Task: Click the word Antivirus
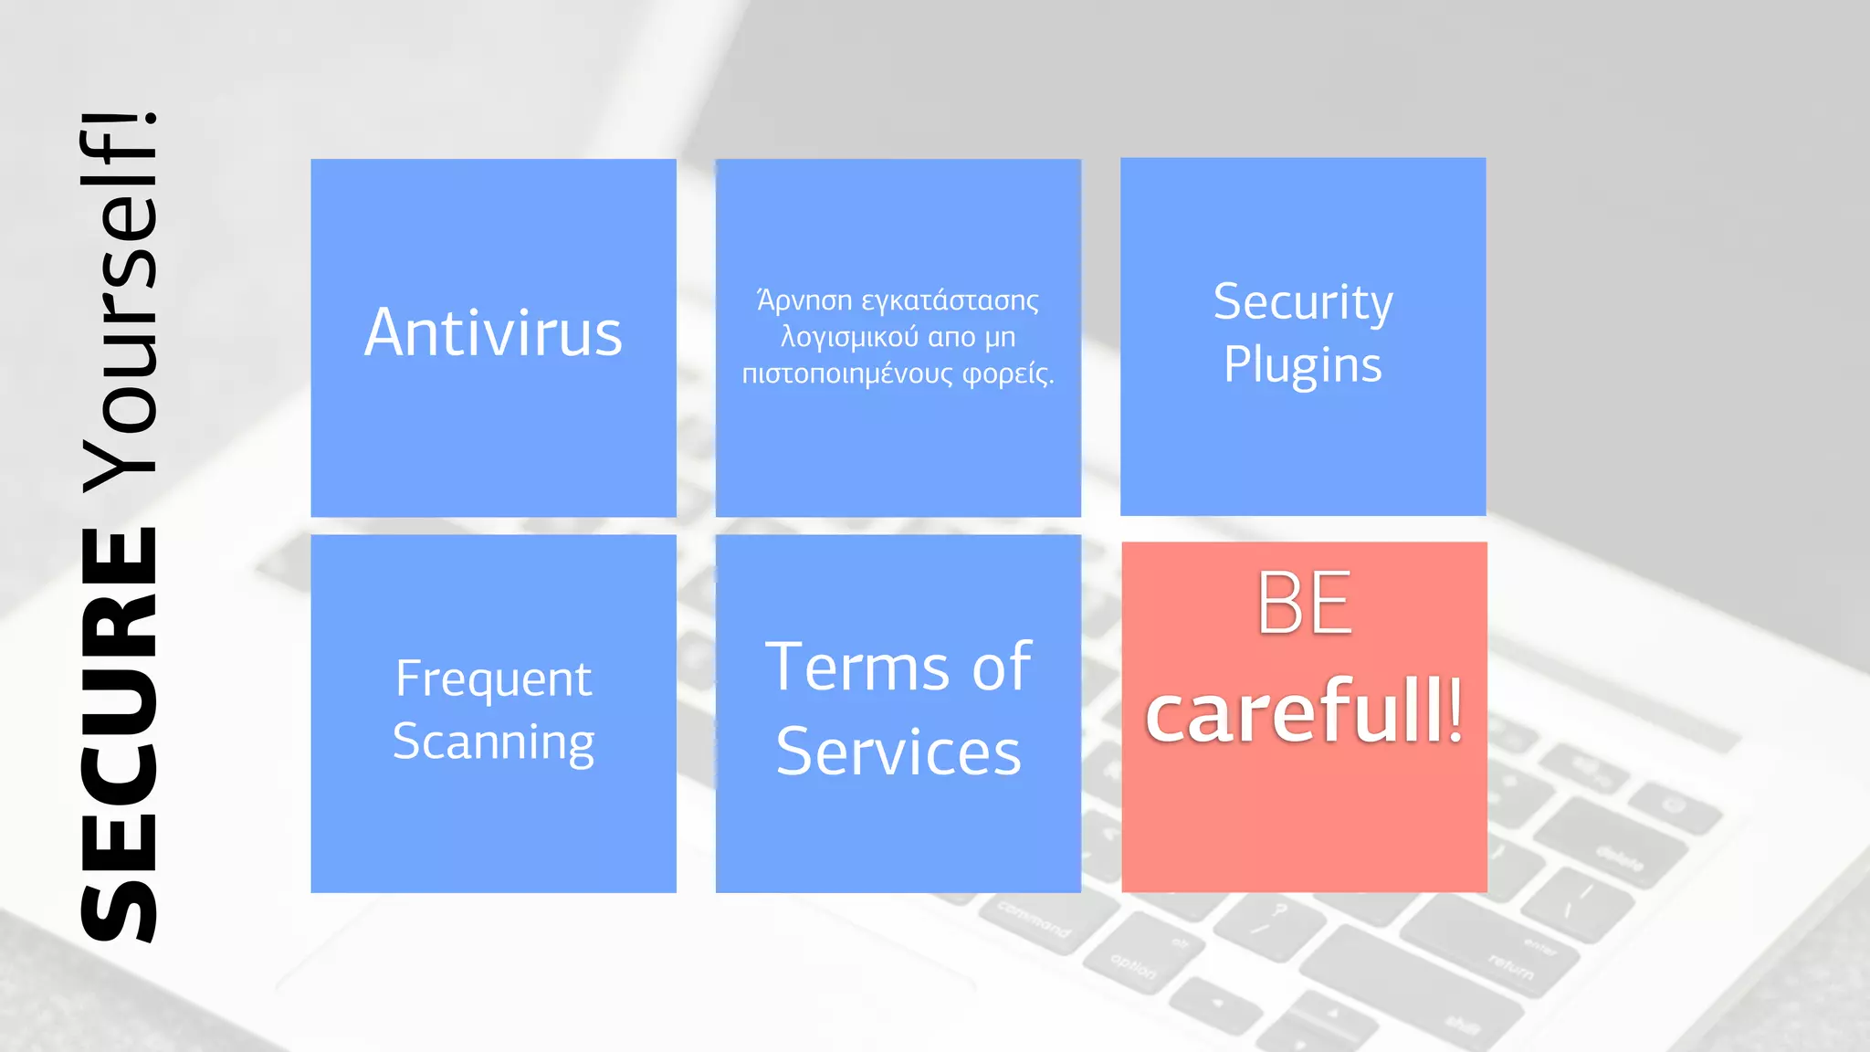coord(493,332)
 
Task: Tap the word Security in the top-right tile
coord(1303,302)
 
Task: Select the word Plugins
coord(1303,365)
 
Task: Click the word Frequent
coord(493,679)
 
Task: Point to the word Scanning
coord(493,742)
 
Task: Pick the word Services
coord(898,752)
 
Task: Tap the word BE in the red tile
coord(1303,603)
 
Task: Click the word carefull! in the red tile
coord(1304,711)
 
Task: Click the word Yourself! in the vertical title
coord(120,301)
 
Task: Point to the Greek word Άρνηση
coord(804,300)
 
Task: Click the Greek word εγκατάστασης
coord(950,300)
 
